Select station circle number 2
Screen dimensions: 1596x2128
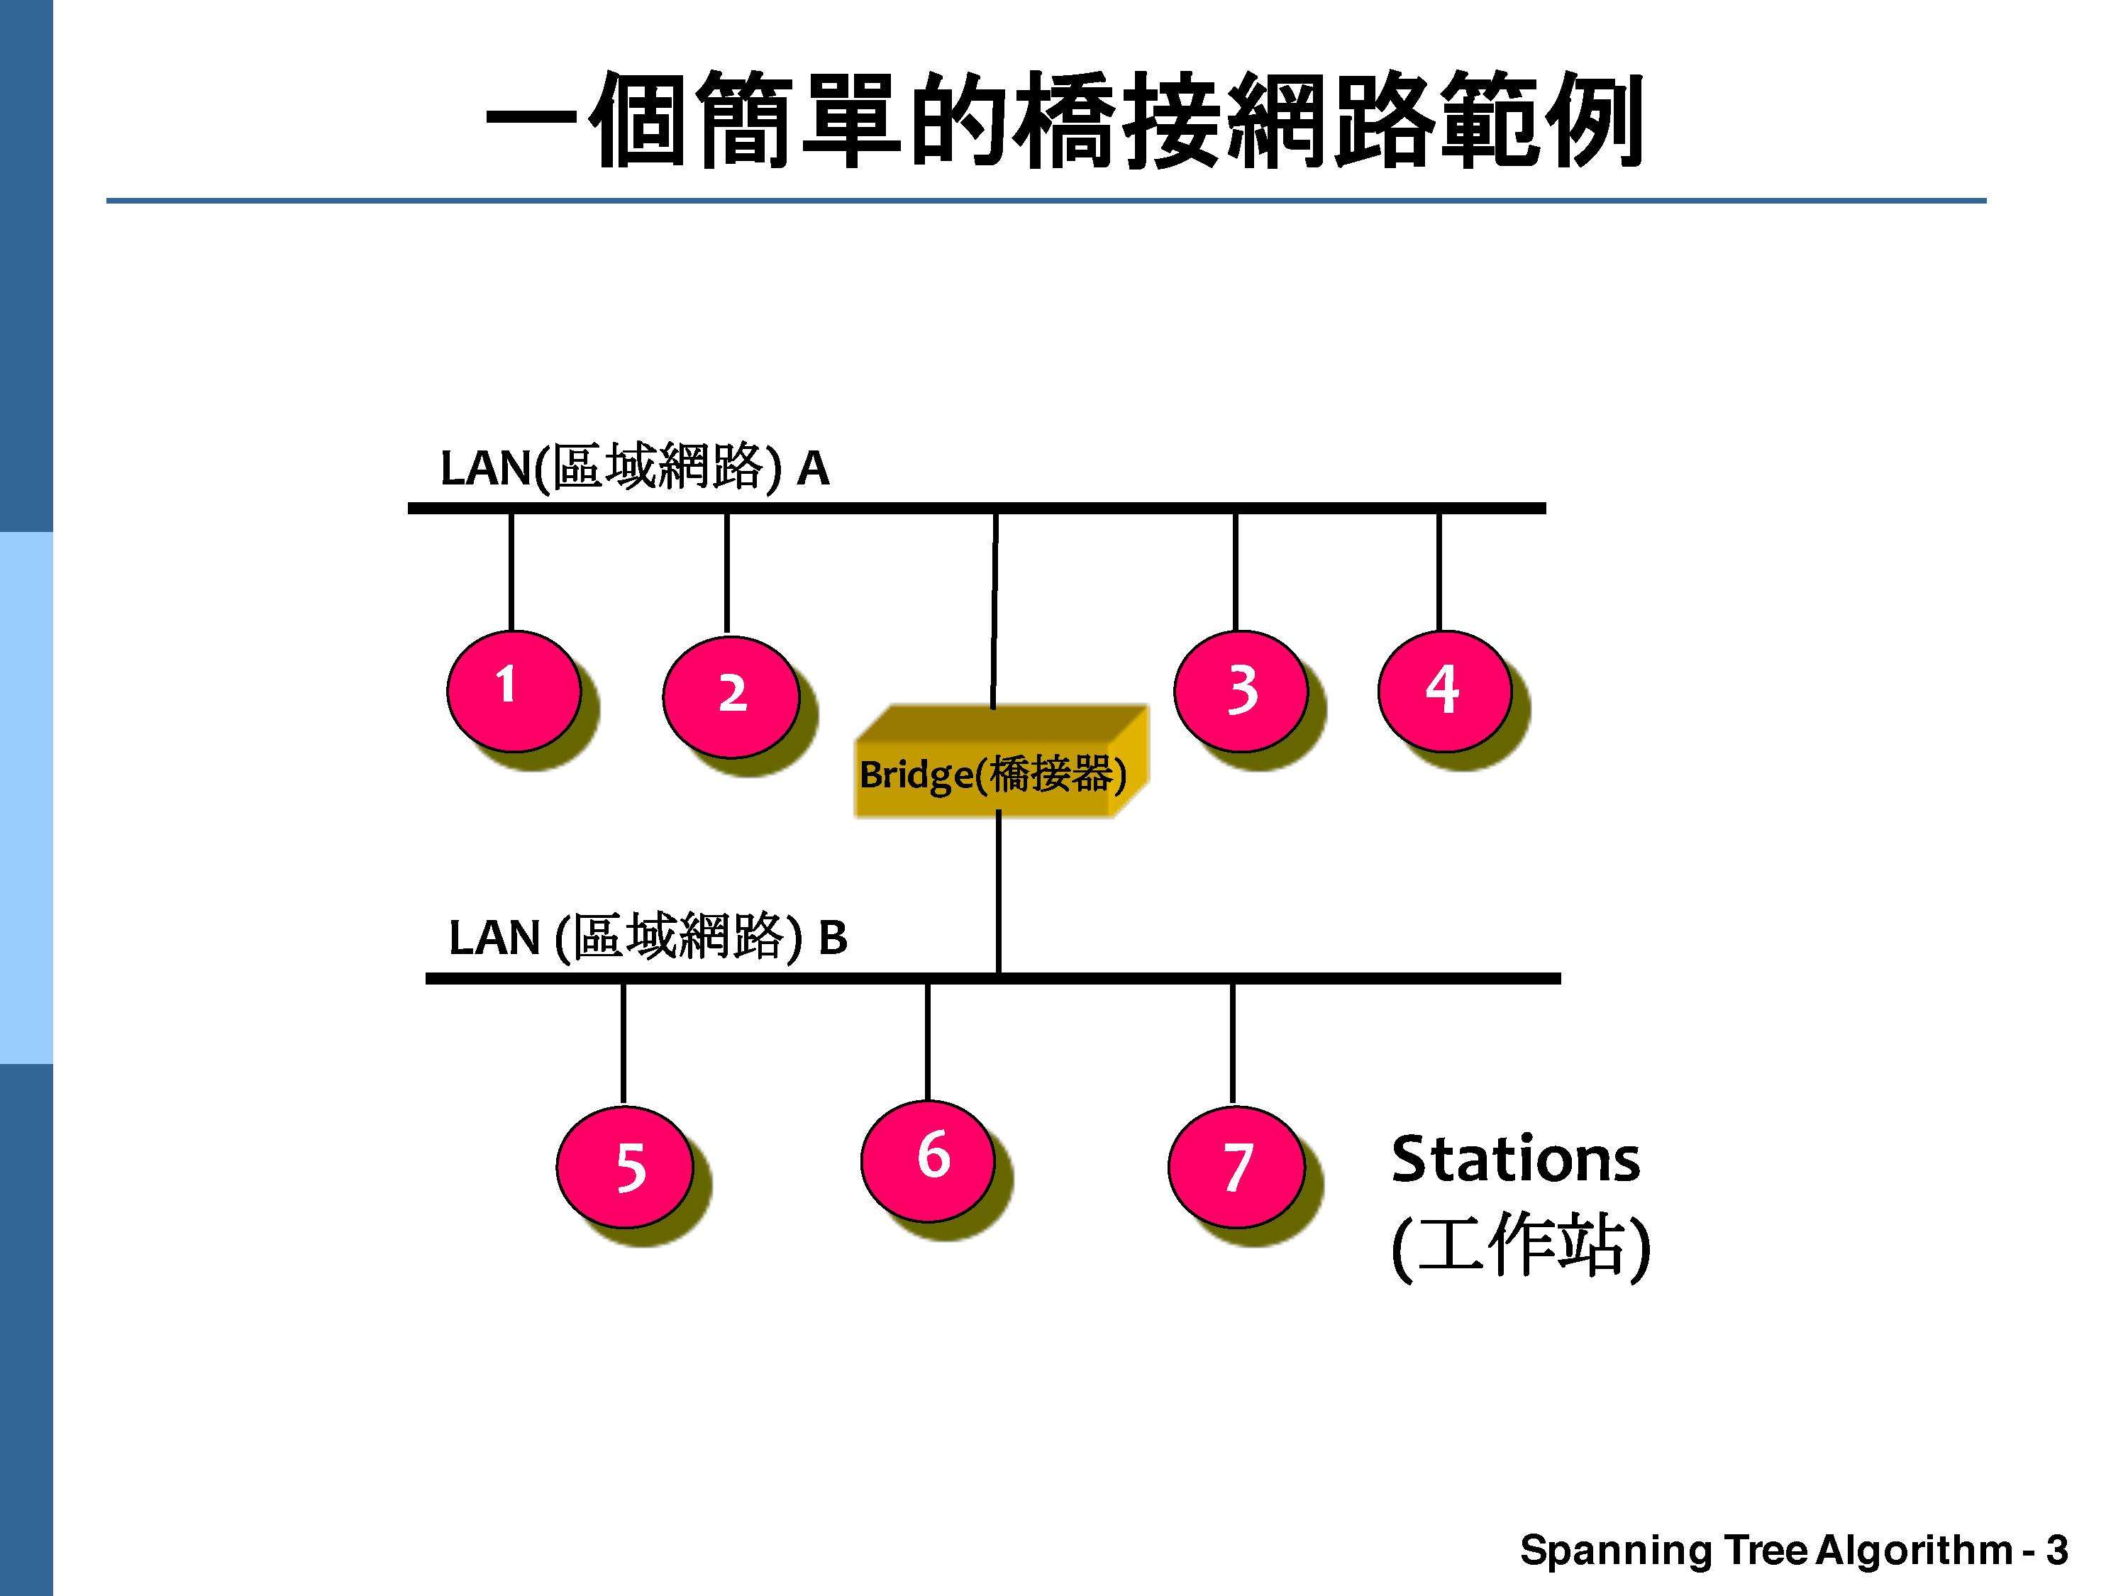731,697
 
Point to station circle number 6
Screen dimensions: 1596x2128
927,1160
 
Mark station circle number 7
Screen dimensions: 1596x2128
1236,1166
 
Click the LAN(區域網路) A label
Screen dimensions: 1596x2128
635,468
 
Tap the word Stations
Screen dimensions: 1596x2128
1515,1159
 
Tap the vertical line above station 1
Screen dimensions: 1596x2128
511,572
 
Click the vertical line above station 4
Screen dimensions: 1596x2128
1439,572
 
